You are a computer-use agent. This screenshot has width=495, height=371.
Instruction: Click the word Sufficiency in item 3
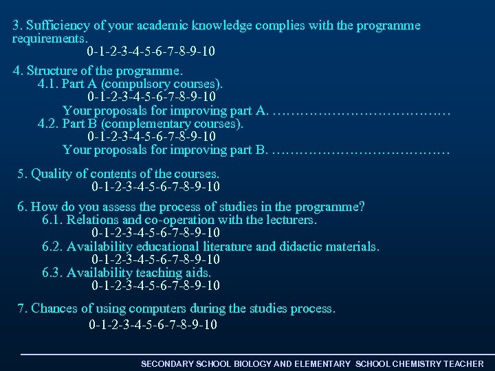click(58, 26)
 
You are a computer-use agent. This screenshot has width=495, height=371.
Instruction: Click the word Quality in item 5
click(53, 173)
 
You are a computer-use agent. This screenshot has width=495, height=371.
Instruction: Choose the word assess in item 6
click(119, 207)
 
